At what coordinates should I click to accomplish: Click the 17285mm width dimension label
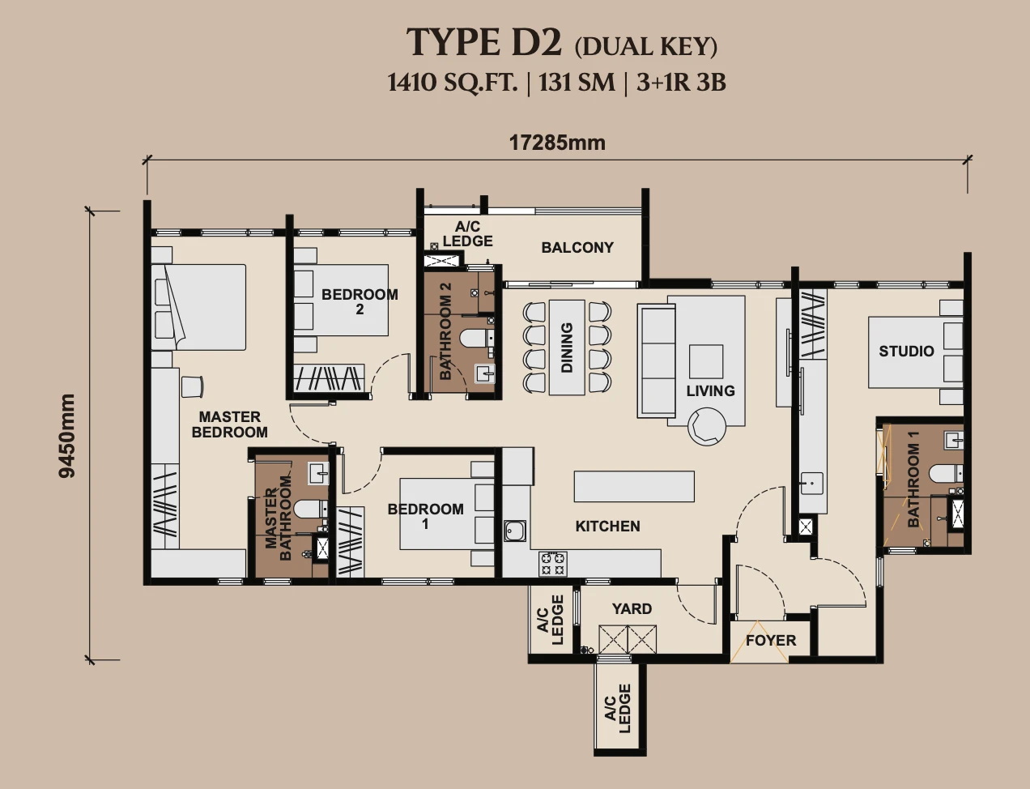click(x=557, y=143)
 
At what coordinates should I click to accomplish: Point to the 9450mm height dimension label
click(x=67, y=436)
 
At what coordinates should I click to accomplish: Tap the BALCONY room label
click(x=577, y=248)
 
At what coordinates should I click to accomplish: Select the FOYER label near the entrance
click(x=771, y=641)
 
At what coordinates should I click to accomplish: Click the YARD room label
click(x=632, y=609)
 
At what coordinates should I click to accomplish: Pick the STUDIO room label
click(x=906, y=352)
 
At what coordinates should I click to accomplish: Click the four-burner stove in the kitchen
click(x=553, y=563)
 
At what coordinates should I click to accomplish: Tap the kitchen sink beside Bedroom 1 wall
click(x=515, y=531)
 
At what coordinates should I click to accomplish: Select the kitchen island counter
click(x=634, y=486)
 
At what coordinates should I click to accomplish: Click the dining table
click(x=567, y=348)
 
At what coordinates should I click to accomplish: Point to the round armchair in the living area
click(x=707, y=427)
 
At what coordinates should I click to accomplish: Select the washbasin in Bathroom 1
click(x=953, y=440)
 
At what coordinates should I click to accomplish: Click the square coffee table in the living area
click(x=706, y=361)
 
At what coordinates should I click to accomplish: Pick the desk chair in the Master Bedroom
click(x=192, y=386)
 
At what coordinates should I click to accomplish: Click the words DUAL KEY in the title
click(x=646, y=47)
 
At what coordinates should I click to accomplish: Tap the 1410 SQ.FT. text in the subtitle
click(x=453, y=83)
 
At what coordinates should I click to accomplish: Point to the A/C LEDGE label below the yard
click(x=618, y=709)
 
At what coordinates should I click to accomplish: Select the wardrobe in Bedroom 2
click(x=329, y=378)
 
